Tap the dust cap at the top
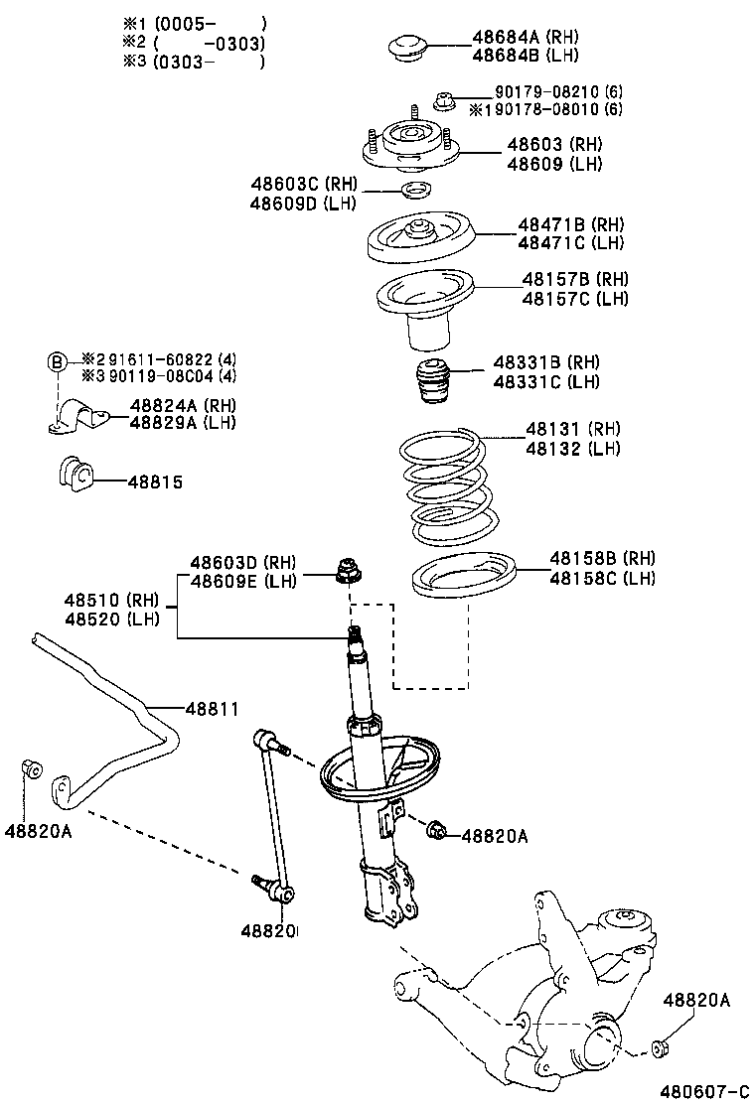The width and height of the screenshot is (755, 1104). click(407, 48)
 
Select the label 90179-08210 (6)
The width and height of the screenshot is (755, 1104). click(558, 91)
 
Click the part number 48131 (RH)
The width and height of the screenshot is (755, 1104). click(572, 430)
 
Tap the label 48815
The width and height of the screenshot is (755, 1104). click(155, 482)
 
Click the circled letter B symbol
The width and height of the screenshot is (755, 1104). click(58, 360)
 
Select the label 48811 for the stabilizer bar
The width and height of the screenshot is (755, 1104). click(212, 708)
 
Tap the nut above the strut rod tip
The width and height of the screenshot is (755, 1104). click(348, 570)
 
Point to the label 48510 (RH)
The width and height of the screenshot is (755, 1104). click(111, 600)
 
